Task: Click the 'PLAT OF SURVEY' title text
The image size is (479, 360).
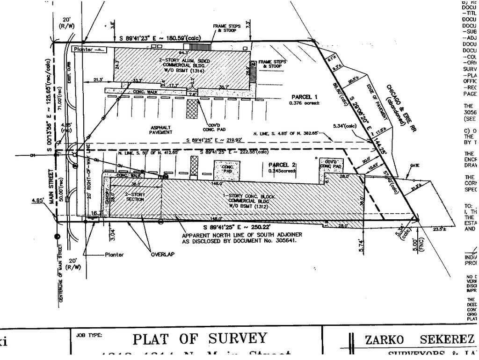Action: point(200,338)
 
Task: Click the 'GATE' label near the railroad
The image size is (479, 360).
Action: point(414,166)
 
